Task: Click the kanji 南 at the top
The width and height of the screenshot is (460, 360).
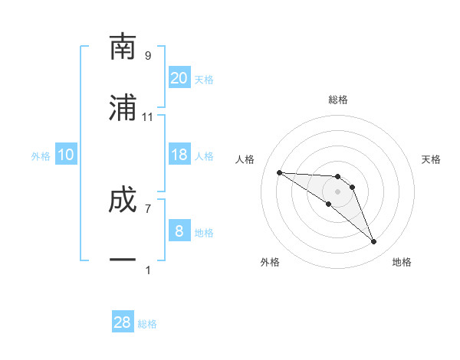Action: pyautogui.click(x=123, y=47)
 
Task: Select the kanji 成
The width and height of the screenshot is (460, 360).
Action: pyautogui.click(x=123, y=199)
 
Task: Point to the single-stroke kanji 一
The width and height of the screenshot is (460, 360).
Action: pyautogui.click(x=123, y=260)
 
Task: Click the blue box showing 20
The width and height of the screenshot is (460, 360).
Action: pyautogui.click(x=179, y=77)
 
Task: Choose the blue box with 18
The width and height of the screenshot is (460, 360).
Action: pyautogui.click(x=179, y=155)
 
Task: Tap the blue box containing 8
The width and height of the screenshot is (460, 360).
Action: pyautogui.click(x=179, y=231)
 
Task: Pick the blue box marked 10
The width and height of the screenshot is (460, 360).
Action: pyautogui.click(x=66, y=155)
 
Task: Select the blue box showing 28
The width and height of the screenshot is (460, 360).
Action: pyautogui.click(x=123, y=322)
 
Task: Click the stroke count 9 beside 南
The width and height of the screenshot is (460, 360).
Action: pyautogui.click(x=148, y=56)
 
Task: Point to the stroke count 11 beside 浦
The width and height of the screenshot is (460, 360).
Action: pyautogui.click(x=148, y=117)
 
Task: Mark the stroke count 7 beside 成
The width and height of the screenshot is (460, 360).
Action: pyautogui.click(x=148, y=208)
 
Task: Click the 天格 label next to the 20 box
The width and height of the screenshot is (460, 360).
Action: pyautogui.click(x=204, y=80)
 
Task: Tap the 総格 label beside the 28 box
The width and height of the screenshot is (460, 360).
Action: pyautogui.click(x=147, y=324)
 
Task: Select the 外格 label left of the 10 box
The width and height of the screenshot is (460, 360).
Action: pyautogui.click(x=41, y=156)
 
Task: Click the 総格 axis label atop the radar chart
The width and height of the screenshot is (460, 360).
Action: pyautogui.click(x=338, y=100)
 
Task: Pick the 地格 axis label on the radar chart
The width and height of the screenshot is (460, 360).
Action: pyautogui.click(x=402, y=262)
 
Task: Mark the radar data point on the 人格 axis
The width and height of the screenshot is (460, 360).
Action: pyautogui.click(x=279, y=172)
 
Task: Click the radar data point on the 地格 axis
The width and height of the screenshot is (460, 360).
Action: pyautogui.click(x=373, y=242)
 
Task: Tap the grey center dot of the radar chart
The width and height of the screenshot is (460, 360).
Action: pyautogui.click(x=337, y=191)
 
